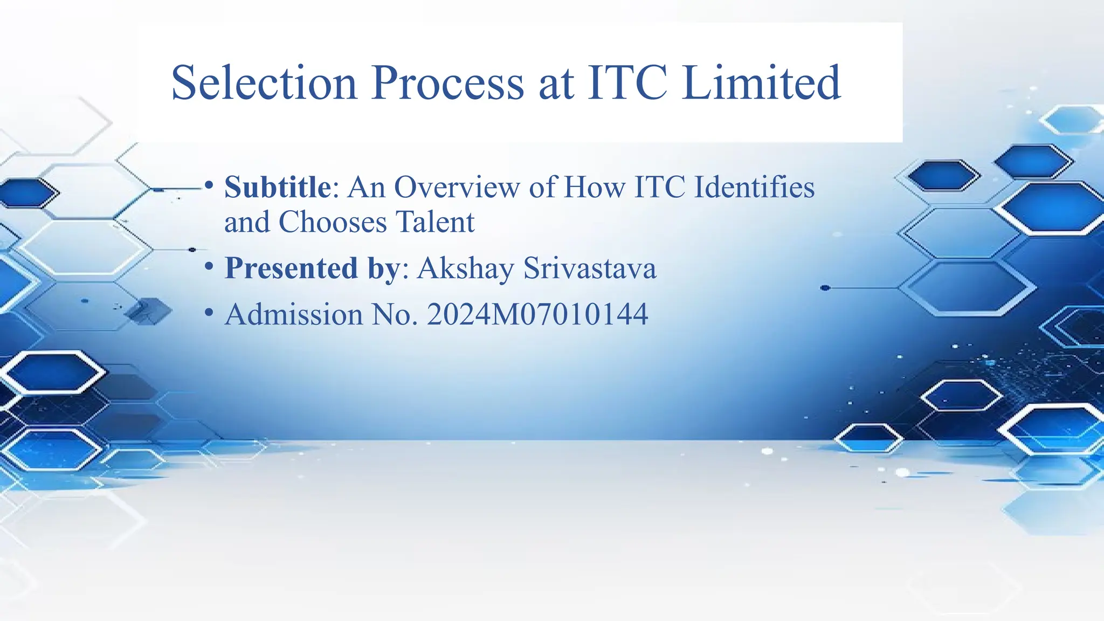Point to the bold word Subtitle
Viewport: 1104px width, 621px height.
pyautogui.click(x=277, y=187)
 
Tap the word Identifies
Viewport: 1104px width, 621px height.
pyautogui.click(x=754, y=187)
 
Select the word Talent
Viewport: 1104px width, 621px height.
pyautogui.click(x=435, y=222)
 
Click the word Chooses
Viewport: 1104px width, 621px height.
pyautogui.click(x=333, y=222)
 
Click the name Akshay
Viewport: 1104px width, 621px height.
pyautogui.click(x=465, y=268)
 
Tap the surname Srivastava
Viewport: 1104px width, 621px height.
pyautogui.click(x=590, y=268)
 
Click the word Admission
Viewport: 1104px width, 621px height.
pyautogui.click(x=294, y=314)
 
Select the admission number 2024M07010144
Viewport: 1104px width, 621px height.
pyautogui.click(x=537, y=314)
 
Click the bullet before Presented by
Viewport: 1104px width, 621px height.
pyautogui.click(x=209, y=266)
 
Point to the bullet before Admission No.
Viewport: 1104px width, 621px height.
pyautogui.click(x=209, y=313)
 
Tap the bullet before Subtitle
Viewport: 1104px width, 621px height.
pyautogui.click(x=209, y=185)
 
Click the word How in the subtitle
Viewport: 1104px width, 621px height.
pyautogui.click(x=594, y=187)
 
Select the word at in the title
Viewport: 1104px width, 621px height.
pyautogui.click(x=555, y=84)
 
